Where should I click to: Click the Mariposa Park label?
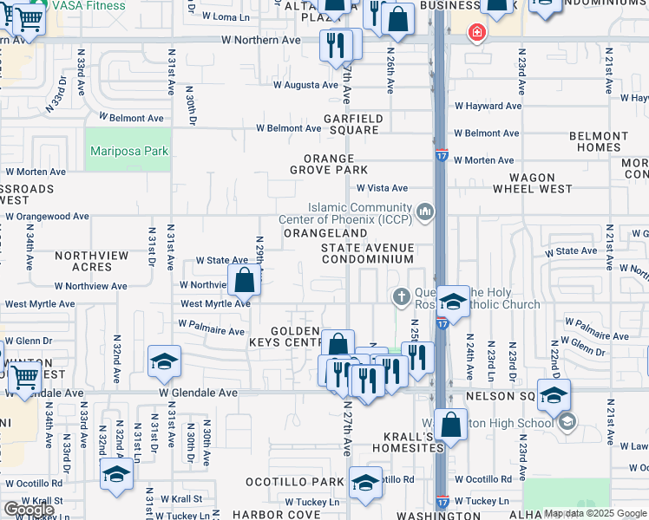click(128, 151)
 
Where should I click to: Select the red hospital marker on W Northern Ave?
click(475, 34)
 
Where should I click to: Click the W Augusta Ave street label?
click(305, 85)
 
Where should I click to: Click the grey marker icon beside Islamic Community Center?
click(425, 211)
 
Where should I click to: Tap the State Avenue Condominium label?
click(367, 253)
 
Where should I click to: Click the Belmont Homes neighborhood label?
click(593, 142)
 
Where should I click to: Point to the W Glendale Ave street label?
click(199, 393)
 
